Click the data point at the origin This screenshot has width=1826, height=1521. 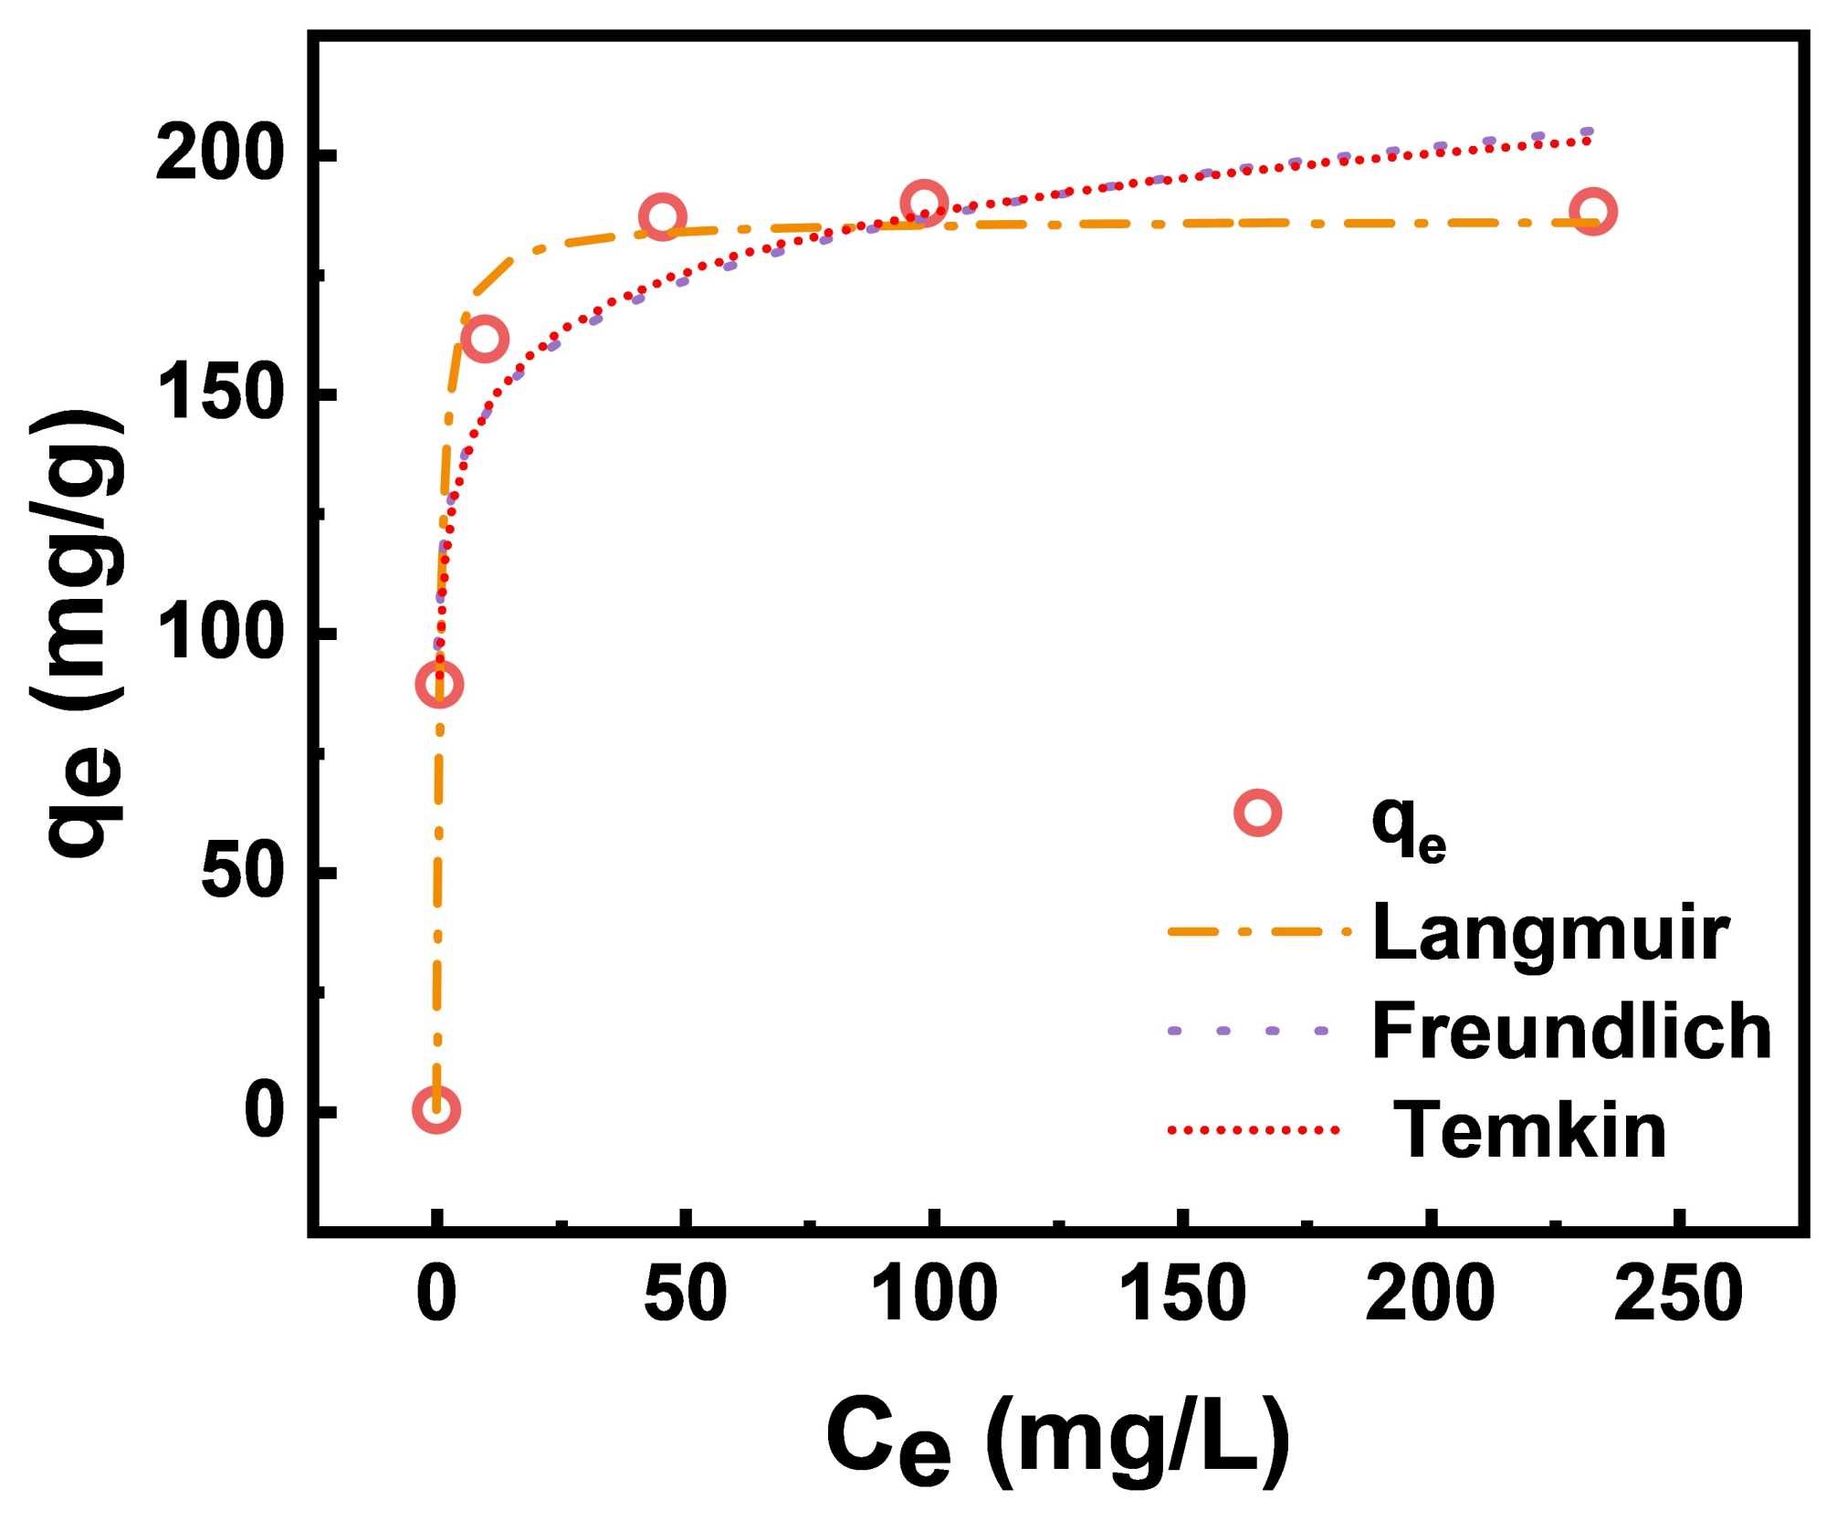click(436, 1109)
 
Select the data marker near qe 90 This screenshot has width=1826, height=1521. click(438, 684)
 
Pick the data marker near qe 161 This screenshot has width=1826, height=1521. click(484, 340)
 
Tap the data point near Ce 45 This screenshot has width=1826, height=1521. click(663, 217)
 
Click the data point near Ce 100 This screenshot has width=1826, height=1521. click(923, 204)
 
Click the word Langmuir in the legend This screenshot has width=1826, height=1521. click(1550, 933)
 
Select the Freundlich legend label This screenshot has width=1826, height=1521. click(1570, 1031)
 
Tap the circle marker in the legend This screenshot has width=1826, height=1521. click(1257, 813)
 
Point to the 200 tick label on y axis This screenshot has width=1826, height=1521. click(215, 155)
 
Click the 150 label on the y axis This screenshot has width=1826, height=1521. click(215, 394)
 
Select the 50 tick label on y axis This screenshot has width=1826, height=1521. click(237, 872)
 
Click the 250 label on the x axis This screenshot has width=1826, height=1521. click(1678, 1294)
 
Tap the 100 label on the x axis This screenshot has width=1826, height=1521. click(933, 1294)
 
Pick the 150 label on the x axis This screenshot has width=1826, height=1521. click(1182, 1294)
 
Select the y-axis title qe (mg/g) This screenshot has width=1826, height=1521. click(82, 635)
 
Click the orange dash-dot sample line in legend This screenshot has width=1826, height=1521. click(1257, 932)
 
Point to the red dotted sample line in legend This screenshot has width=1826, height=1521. click(1254, 1130)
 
